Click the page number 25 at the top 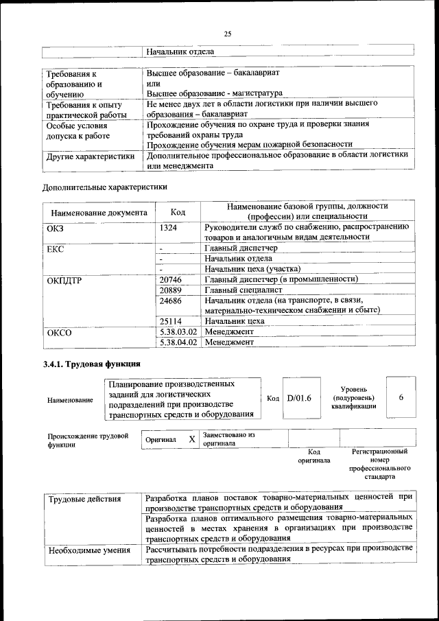click(x=228, y=34)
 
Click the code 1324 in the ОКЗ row click(x=169, y=226)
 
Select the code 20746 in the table click(x=171, y=279)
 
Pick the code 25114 click(x=171, y=320)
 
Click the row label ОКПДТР click(x=65, y=280)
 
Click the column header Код click(x=178, y=212)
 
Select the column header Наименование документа click(x=99, y=212)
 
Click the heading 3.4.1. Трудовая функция click(x=92, y=364)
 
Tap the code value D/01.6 click(x=299, y=397)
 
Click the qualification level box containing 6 click(x=401, y=397)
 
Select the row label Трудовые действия click(x=84, y=498)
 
